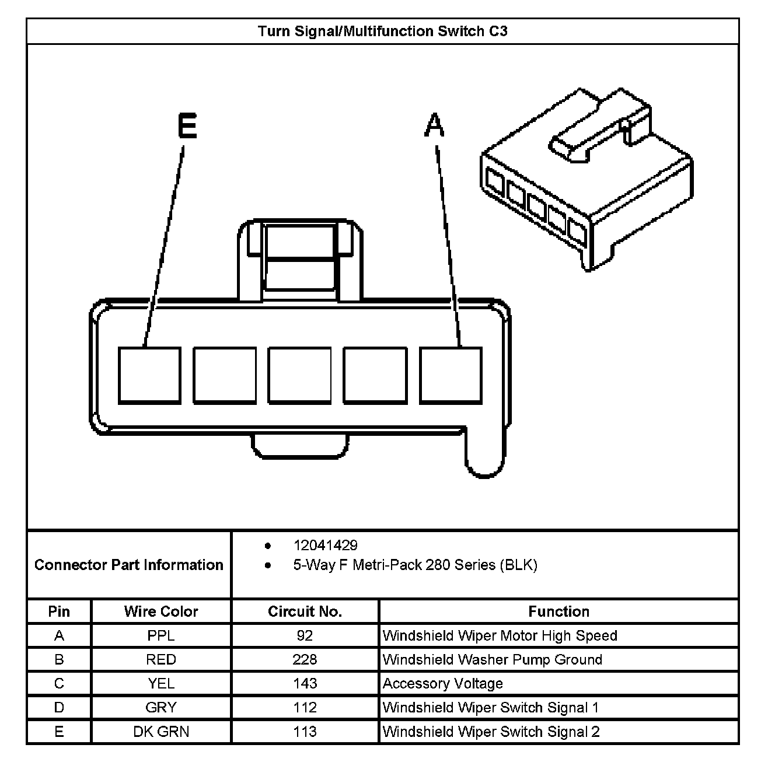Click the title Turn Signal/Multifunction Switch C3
(383, 31)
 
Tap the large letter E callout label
(187, 126)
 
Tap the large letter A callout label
(434, 126)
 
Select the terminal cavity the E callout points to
(149, 375)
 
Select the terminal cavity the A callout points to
(451, 375)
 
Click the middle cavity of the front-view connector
(299, 375)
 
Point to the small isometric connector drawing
(587, 178)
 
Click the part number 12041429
(326, 546)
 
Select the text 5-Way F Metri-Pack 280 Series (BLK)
(415, 565)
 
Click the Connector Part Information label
(129, 565)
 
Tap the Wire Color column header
(161, 611)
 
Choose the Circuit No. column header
(305, 611)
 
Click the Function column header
(558, 611)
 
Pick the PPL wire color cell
(161, 635)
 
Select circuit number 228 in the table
(305, 659)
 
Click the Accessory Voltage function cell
(442, 683)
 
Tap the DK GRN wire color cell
(161, 732)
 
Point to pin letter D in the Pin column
(59, 708)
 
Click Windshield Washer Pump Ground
(492, 659)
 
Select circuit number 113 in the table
(305, 732)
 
